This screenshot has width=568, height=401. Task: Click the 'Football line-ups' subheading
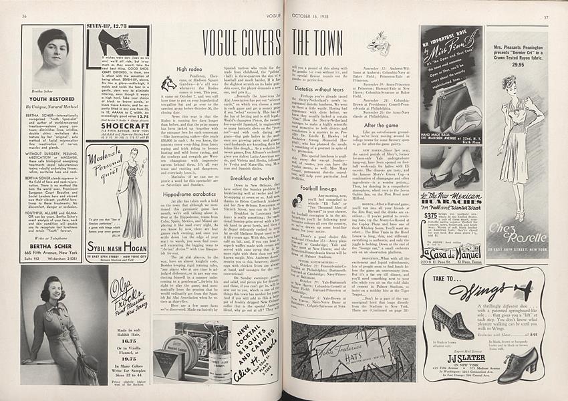[x=323, y=189]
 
